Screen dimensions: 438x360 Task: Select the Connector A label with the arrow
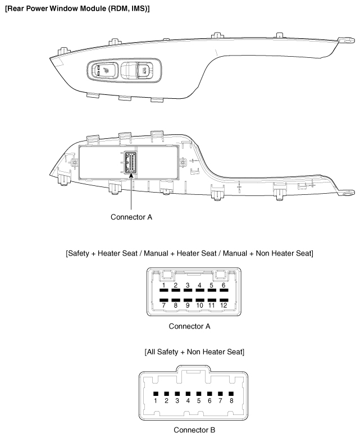click(131, 216)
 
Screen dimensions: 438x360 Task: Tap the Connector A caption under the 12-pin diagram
click(193, 325)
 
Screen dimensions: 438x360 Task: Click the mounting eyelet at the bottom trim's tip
click(349, 192)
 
